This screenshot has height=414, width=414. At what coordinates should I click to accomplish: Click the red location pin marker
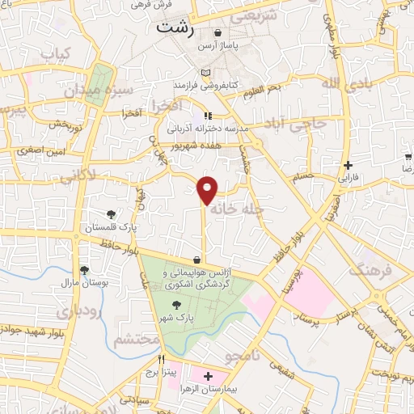coord(208,189)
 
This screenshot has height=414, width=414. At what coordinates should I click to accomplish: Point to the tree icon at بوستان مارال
coord(83,271)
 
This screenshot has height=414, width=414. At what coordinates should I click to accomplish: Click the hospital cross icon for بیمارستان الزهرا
coord(208,376)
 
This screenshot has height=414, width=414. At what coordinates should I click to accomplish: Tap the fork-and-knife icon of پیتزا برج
coord(162,358)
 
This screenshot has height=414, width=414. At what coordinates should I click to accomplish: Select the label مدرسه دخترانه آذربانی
coord(206,129)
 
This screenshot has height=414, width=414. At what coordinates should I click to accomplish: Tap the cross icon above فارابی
coord(348,165)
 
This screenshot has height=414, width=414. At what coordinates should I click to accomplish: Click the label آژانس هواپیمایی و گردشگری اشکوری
coord(199,279)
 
